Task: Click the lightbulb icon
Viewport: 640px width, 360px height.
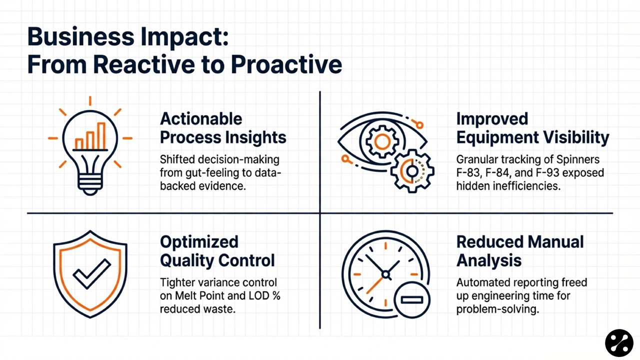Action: point(90,146)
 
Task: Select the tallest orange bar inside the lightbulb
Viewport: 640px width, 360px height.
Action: point(101,136)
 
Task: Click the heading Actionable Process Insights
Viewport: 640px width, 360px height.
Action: point(223,128)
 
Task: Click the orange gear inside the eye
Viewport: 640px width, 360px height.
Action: point(382,141)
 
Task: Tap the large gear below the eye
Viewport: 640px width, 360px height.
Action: point(412,171)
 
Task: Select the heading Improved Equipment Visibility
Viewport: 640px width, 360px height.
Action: point(532,128)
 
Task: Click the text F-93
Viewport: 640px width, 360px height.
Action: point(546,173)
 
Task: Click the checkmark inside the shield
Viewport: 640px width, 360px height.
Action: point(91,273)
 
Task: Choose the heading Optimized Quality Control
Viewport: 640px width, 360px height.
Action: point(217,251)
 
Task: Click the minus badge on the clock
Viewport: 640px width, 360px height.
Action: point(411,299)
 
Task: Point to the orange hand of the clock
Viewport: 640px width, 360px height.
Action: point(374,285)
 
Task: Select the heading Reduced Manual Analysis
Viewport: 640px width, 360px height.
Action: point(520,251)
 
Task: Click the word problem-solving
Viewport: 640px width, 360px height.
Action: point(497,309)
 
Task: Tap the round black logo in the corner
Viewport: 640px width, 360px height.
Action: point(619,343)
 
